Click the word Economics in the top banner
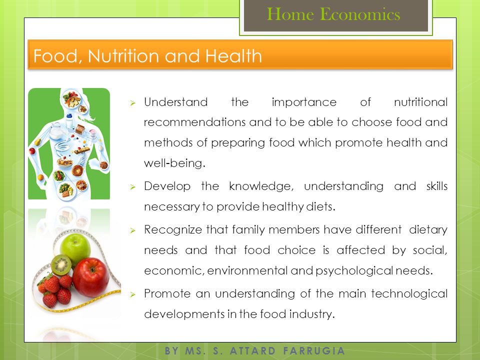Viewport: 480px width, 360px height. click(360, 14)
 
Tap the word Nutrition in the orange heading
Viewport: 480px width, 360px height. click(123, 55)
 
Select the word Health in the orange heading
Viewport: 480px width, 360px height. click(233, 55)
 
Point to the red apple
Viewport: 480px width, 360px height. click(90, 277)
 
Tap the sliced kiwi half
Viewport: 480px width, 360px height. click(61, 265)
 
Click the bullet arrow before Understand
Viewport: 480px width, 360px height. click(132, 103)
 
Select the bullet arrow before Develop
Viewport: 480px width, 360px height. click(132, 186)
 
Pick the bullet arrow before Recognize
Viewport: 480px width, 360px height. click(132, 230)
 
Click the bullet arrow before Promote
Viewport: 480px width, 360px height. click(132, 294)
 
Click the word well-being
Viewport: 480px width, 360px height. click(174, 163)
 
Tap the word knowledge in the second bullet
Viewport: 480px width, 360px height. click(261, 186)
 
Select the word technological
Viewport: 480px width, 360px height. click(409, 293)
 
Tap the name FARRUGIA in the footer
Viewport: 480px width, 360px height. click(314, 351)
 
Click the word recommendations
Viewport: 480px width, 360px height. click(194, 122)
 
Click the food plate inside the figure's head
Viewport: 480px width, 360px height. click(71, 99)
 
